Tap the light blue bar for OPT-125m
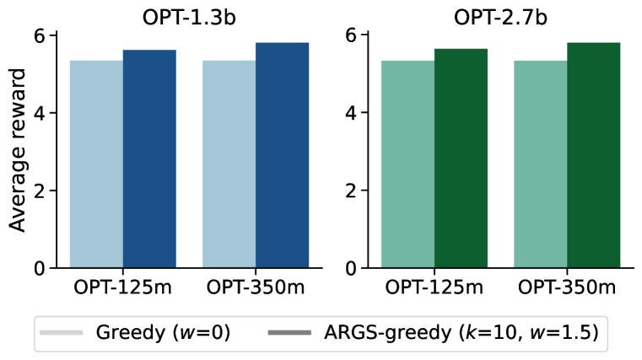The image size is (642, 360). [96, 164]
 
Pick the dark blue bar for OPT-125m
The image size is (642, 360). [149, 159]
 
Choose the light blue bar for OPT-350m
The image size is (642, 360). [229, 164]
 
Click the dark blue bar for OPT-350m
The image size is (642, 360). [282, 156]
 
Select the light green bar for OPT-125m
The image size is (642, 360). [407, 164]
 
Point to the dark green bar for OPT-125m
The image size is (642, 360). [461, 159]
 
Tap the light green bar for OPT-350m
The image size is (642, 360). [540, 164]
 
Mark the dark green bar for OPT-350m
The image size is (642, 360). [593, 156]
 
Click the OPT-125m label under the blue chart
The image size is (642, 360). [122, 287]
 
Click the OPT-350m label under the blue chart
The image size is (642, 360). [256, 287]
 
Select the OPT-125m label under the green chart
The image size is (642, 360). [434, 287]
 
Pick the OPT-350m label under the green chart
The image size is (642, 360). [567, 287]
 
